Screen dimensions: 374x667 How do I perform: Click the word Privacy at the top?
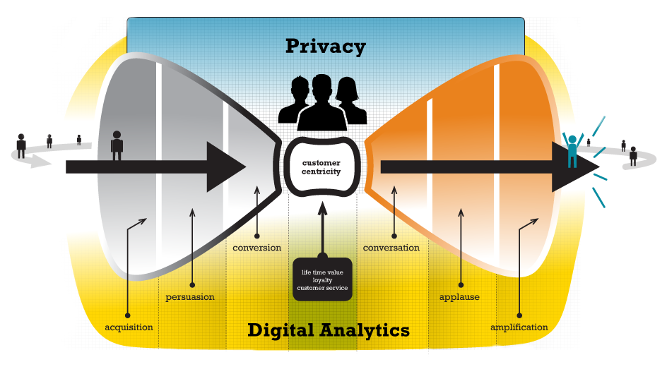(326, 47)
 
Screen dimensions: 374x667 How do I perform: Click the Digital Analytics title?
(328, 330)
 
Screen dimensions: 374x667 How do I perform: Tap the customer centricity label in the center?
(321, 167)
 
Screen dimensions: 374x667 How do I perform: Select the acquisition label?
(129, 327)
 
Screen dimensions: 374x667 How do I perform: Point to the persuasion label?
(190, 297)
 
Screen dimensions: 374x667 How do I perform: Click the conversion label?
(256, 248)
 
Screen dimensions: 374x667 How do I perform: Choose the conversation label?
(391, 248)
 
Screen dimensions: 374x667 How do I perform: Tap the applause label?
(459, 297)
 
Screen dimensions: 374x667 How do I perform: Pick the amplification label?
(519, 327)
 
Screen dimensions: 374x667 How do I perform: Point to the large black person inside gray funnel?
(117, 145)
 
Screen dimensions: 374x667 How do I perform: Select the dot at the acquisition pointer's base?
(128, 315)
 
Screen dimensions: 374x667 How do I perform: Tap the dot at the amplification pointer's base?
(519, 315)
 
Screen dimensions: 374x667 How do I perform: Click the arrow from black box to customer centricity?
(322, 226)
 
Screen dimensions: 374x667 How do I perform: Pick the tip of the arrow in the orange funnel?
(598, 167)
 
